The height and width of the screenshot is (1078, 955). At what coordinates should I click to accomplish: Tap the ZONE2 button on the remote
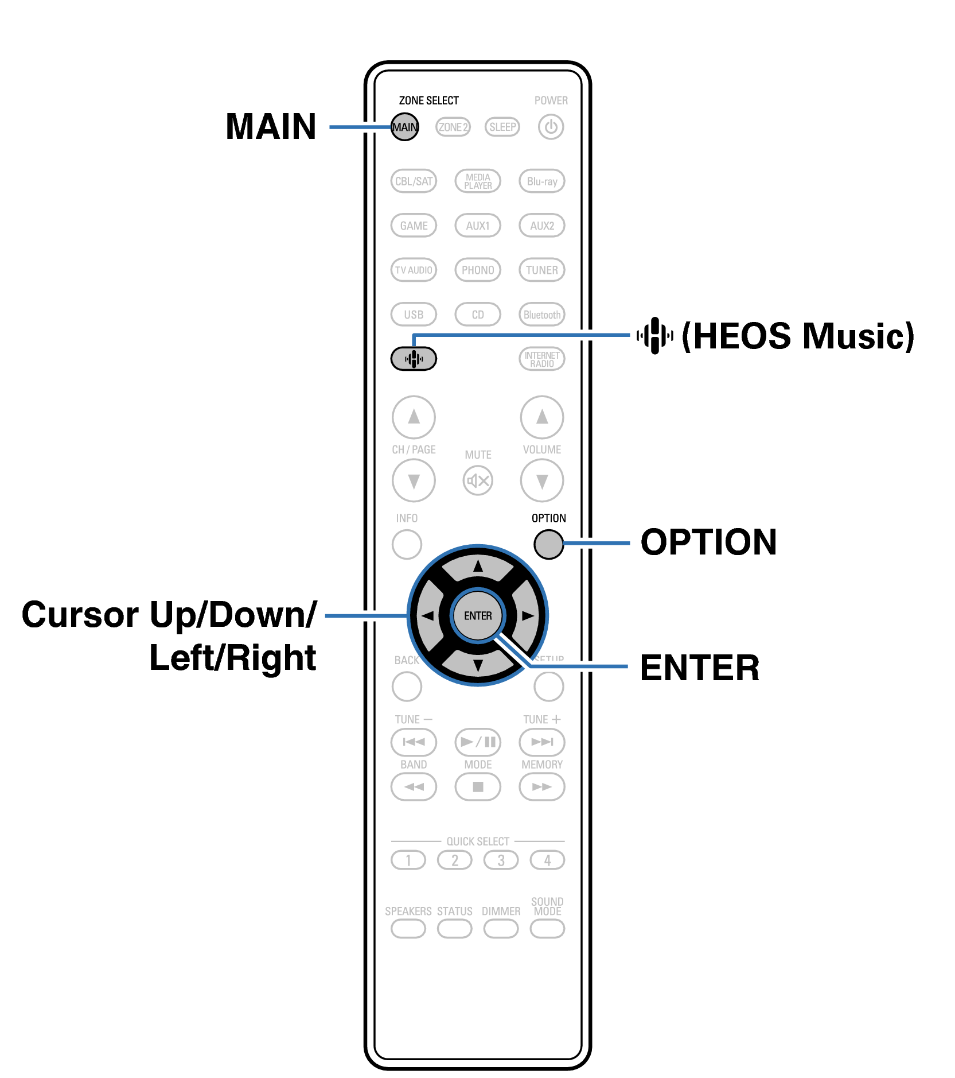(453, 127)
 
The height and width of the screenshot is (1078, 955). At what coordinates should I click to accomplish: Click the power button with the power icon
(551, 127)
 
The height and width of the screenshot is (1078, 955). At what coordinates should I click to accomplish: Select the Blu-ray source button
(541, 181)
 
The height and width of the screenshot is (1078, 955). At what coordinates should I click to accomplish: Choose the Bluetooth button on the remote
(541, 315)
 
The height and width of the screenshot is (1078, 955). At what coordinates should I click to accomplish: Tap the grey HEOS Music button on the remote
(414, 359)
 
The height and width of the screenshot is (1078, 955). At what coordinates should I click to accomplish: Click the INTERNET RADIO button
(541, 359)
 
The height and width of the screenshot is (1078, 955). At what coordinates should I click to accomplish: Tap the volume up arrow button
(541, 417)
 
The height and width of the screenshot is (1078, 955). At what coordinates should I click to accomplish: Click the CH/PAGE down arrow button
(414, 480)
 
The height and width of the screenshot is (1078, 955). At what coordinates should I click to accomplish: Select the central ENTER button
(478, 615)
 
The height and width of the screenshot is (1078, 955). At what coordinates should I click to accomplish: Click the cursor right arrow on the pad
(527, 615)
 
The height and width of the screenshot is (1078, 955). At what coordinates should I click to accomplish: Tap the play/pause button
(478, 742)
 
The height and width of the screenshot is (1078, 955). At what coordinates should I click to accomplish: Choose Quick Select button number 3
(501, 860)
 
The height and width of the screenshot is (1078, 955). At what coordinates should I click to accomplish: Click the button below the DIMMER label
(501, 928)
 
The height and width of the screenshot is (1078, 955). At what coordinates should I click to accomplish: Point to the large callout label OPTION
(708, 542)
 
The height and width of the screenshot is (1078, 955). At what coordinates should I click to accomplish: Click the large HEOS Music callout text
(797, 336)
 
